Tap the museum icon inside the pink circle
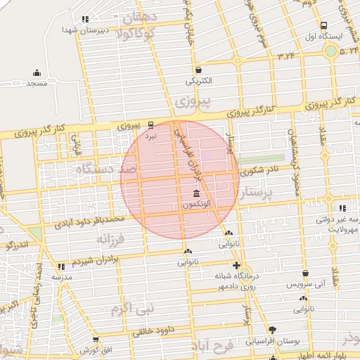tap(195, 193)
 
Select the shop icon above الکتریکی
tap(198, 70)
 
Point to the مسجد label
tap(36, 84)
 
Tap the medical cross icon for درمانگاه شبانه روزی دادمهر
tap(237, 266)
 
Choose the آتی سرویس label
tap(304, 285)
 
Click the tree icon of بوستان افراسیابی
tap(273, 329)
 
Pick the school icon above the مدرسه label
tap(61, 266)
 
